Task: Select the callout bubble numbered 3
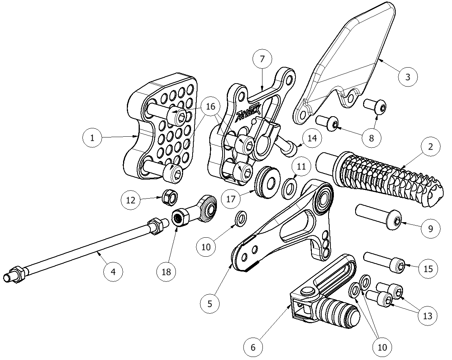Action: [x=408, y=77]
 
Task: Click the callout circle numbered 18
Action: [x=166, y=272]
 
